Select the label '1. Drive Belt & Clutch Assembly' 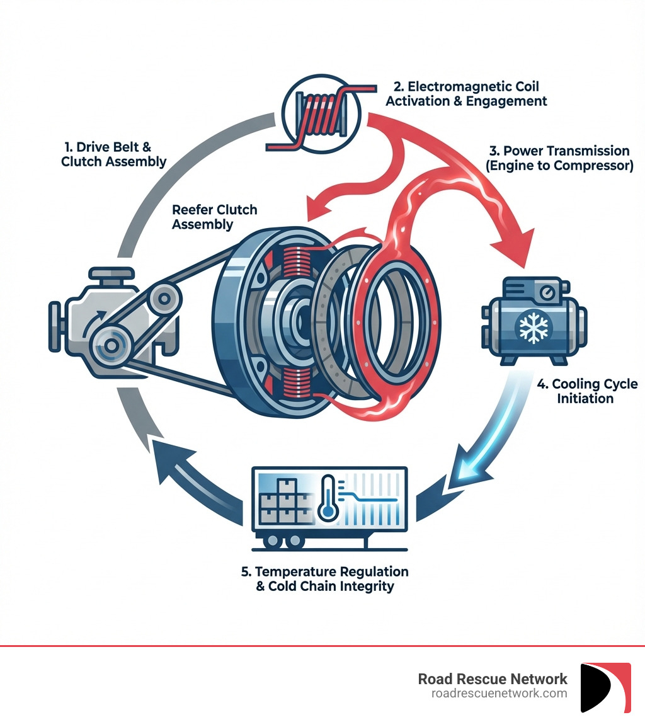[113, 154]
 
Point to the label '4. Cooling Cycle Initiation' [586, 391]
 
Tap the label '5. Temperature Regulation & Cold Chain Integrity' [324, 579]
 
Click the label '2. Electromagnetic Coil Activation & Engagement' [466, 93]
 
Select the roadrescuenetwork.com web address [499, 693]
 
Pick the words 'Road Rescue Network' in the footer [493, 678]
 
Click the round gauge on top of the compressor [548, 294]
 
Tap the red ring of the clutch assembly [394, 315]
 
